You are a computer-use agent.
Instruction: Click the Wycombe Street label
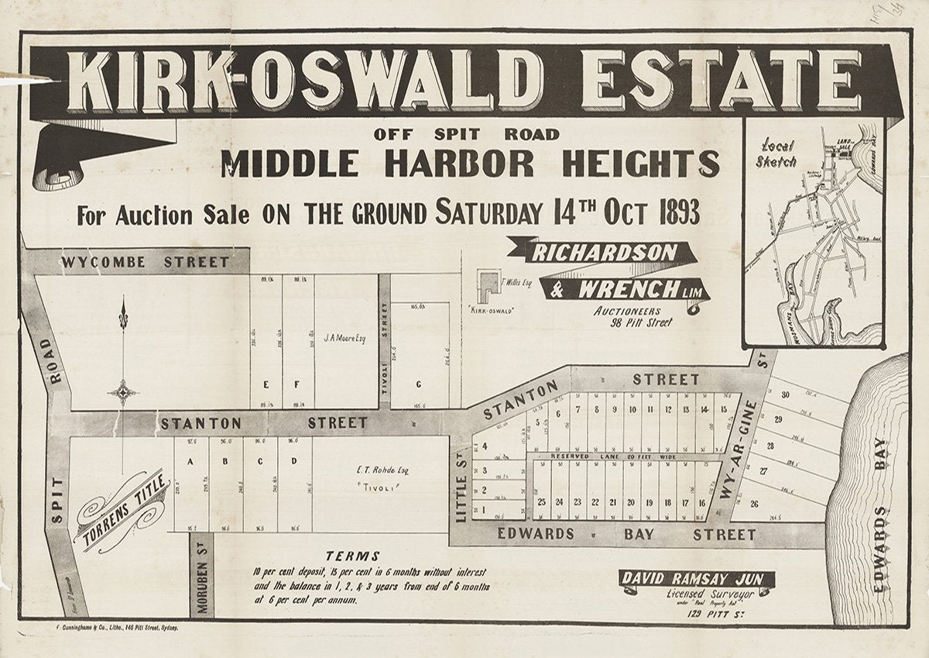point(145,262)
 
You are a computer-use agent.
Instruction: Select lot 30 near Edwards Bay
point(785,394)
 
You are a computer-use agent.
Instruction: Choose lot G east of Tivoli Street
point(419,384)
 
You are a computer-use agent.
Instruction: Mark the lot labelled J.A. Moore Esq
point(346,337)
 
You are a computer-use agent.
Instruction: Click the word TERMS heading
point(353,556)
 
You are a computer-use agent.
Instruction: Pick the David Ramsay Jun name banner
point(698,579)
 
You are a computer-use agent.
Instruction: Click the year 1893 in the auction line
point(671,212)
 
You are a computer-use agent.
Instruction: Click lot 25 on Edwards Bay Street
point(542,501)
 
